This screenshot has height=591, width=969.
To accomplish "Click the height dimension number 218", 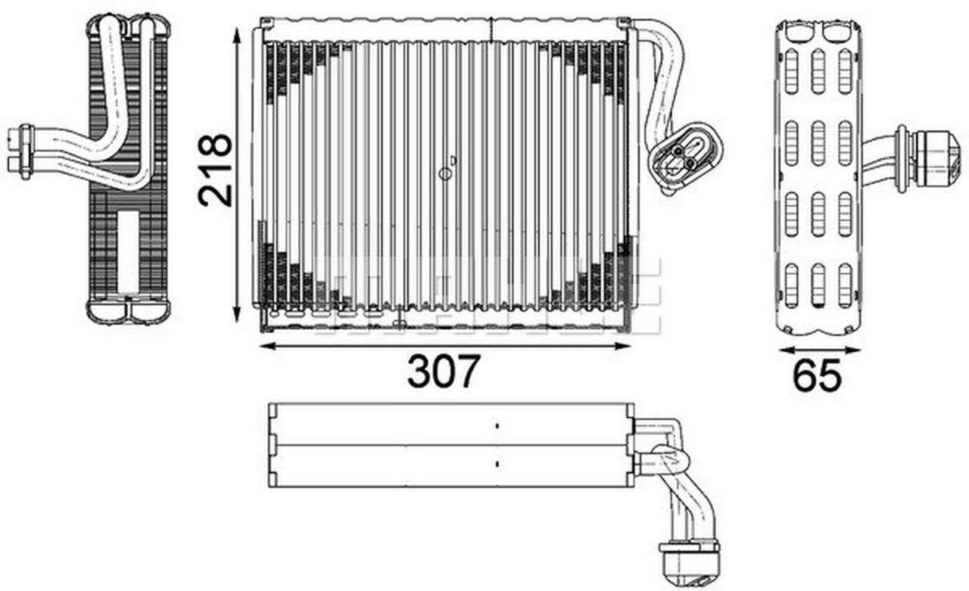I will tap(215, 170).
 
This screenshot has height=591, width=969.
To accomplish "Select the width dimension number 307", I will tap(444, 372).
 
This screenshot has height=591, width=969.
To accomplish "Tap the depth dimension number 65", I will tap(817, 376).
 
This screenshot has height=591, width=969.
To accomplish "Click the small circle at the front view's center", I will tap(445, 174).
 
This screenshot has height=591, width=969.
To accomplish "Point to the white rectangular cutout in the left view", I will tap(129, 251).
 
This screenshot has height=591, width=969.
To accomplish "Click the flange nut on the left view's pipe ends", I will tap(25, 151).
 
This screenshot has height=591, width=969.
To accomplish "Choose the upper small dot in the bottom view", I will tap(497, 427).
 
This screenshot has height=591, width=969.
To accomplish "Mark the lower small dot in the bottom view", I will tap(497, 462).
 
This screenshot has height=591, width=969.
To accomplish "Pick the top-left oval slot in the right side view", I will tap(791, 71).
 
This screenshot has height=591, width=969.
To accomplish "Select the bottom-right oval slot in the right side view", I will tap(845, 285).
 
